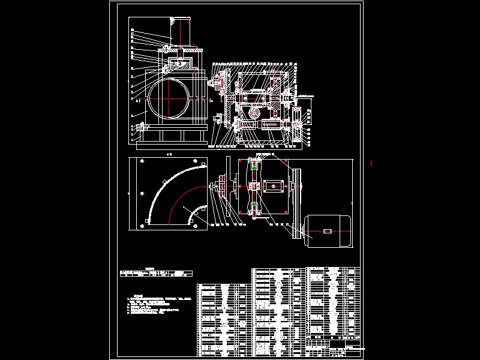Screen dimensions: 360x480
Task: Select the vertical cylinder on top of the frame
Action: [181, 30]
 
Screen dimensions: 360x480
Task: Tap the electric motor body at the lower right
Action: [329, 231]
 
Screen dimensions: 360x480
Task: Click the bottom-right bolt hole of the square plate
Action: [196, 226]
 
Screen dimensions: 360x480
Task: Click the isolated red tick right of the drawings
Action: [373, 162]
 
